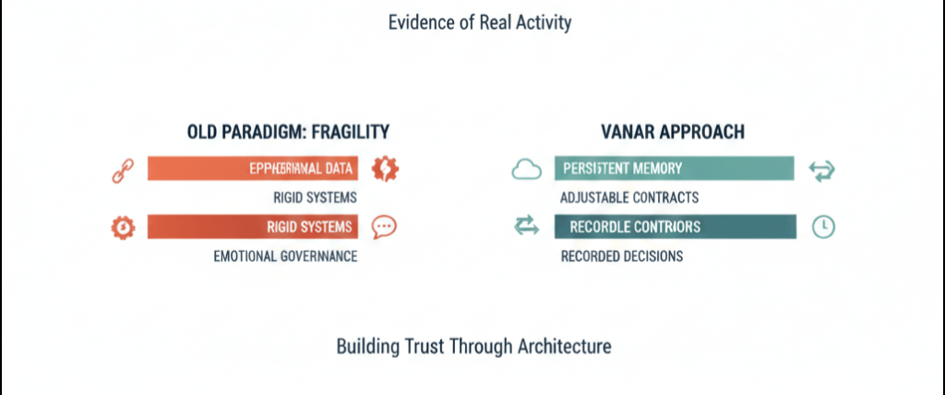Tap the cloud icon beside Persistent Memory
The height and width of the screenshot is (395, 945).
tap(525, 169)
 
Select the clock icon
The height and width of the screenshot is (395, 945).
tap(821, 227)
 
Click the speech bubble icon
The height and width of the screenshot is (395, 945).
tap(384, 227)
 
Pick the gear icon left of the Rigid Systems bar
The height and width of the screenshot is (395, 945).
tap(122, 227)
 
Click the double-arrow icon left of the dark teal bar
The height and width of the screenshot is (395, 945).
tap(525, 226)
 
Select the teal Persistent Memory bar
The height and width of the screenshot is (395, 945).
tap(674, 169)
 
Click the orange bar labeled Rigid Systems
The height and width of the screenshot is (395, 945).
tap(252, 227)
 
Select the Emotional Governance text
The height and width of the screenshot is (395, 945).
tap(284, 256)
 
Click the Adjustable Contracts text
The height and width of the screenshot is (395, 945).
tap(629, 197)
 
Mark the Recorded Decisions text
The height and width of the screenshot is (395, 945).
tap(622, 256)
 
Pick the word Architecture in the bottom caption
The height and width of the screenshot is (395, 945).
tap(565, 348)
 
